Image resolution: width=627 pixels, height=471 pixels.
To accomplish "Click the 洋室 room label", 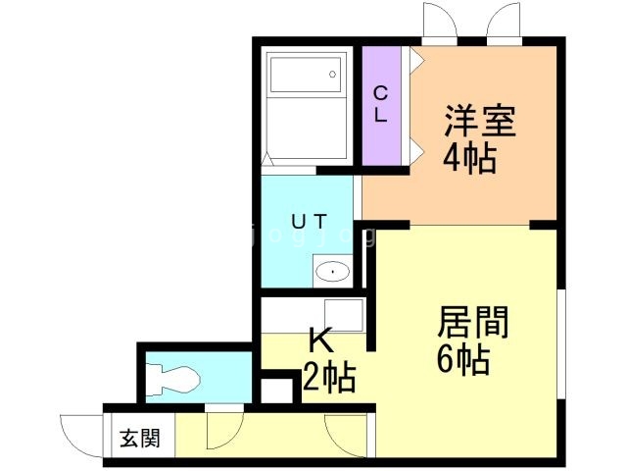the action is [x=480, y=121].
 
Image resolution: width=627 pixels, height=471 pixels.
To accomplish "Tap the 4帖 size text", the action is [x=469, y=158].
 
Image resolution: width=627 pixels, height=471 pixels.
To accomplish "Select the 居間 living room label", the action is [x=472, y=322].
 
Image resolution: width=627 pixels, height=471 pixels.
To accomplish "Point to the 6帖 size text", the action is [x=463, y=359].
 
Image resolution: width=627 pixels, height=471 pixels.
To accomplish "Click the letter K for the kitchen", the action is [x=322, y=340].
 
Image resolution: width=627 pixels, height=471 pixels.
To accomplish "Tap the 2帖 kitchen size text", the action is [x=329, y=377].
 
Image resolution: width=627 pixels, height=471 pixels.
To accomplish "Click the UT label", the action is [x=310, y=221].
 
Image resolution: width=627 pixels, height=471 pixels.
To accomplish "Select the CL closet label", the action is [x=380, y=105].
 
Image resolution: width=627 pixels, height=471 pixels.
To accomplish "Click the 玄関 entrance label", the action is [x=140, y=439].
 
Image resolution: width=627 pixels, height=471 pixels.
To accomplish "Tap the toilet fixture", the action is [x=172, y=378].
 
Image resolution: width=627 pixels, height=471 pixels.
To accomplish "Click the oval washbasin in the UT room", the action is [x=333, y=272].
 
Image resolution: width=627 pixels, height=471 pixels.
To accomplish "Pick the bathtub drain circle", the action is [x=332, y=75].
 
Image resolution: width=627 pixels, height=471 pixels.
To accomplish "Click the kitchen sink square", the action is [x=344, y=315].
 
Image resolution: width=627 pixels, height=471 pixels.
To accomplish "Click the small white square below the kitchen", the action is [x=276, y=391].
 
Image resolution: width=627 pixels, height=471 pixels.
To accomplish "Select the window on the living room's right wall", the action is [x=561, y=344].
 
